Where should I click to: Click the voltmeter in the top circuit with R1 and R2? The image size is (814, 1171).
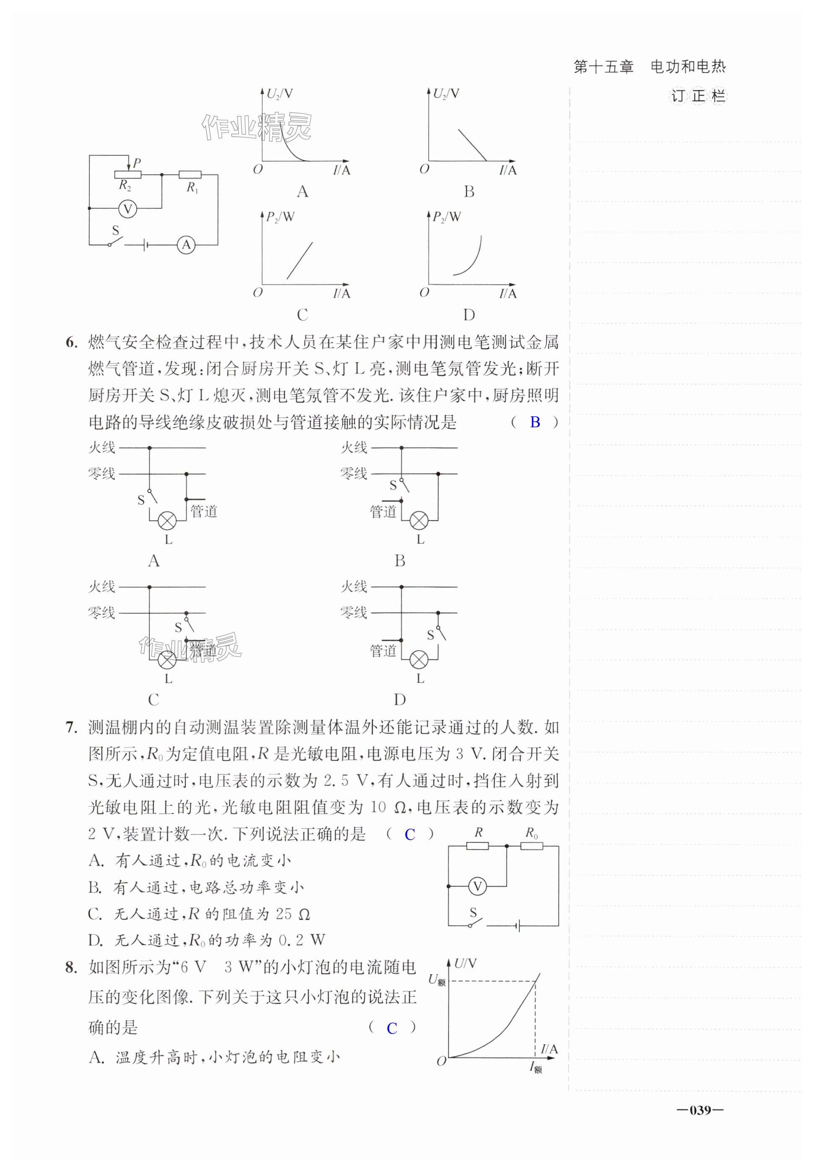coord(128,208)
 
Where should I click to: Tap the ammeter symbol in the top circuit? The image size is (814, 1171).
coord(186,245)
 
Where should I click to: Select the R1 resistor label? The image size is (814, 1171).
coord(192,188)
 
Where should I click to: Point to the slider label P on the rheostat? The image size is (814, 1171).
coord(137,163)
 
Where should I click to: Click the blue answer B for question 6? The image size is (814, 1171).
coord(535,422)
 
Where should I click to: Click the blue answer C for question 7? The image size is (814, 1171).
coord(409,834)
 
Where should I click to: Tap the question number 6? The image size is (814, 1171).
coord(71,342)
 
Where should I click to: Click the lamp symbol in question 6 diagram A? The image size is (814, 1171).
coord(167,521)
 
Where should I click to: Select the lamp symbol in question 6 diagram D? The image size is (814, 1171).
coord(419,659)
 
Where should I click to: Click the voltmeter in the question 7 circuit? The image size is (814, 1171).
coord(477,886)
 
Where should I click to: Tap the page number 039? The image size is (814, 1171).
coord(700,1110)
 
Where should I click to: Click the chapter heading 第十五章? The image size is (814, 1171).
coord(603,67)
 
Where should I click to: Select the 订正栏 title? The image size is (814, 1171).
coord(697,96)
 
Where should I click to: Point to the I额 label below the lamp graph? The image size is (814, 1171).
coord(535,1066)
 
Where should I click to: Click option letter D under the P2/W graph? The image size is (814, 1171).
coord(468,315)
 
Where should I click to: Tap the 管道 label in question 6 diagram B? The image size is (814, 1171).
coord(383,511)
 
